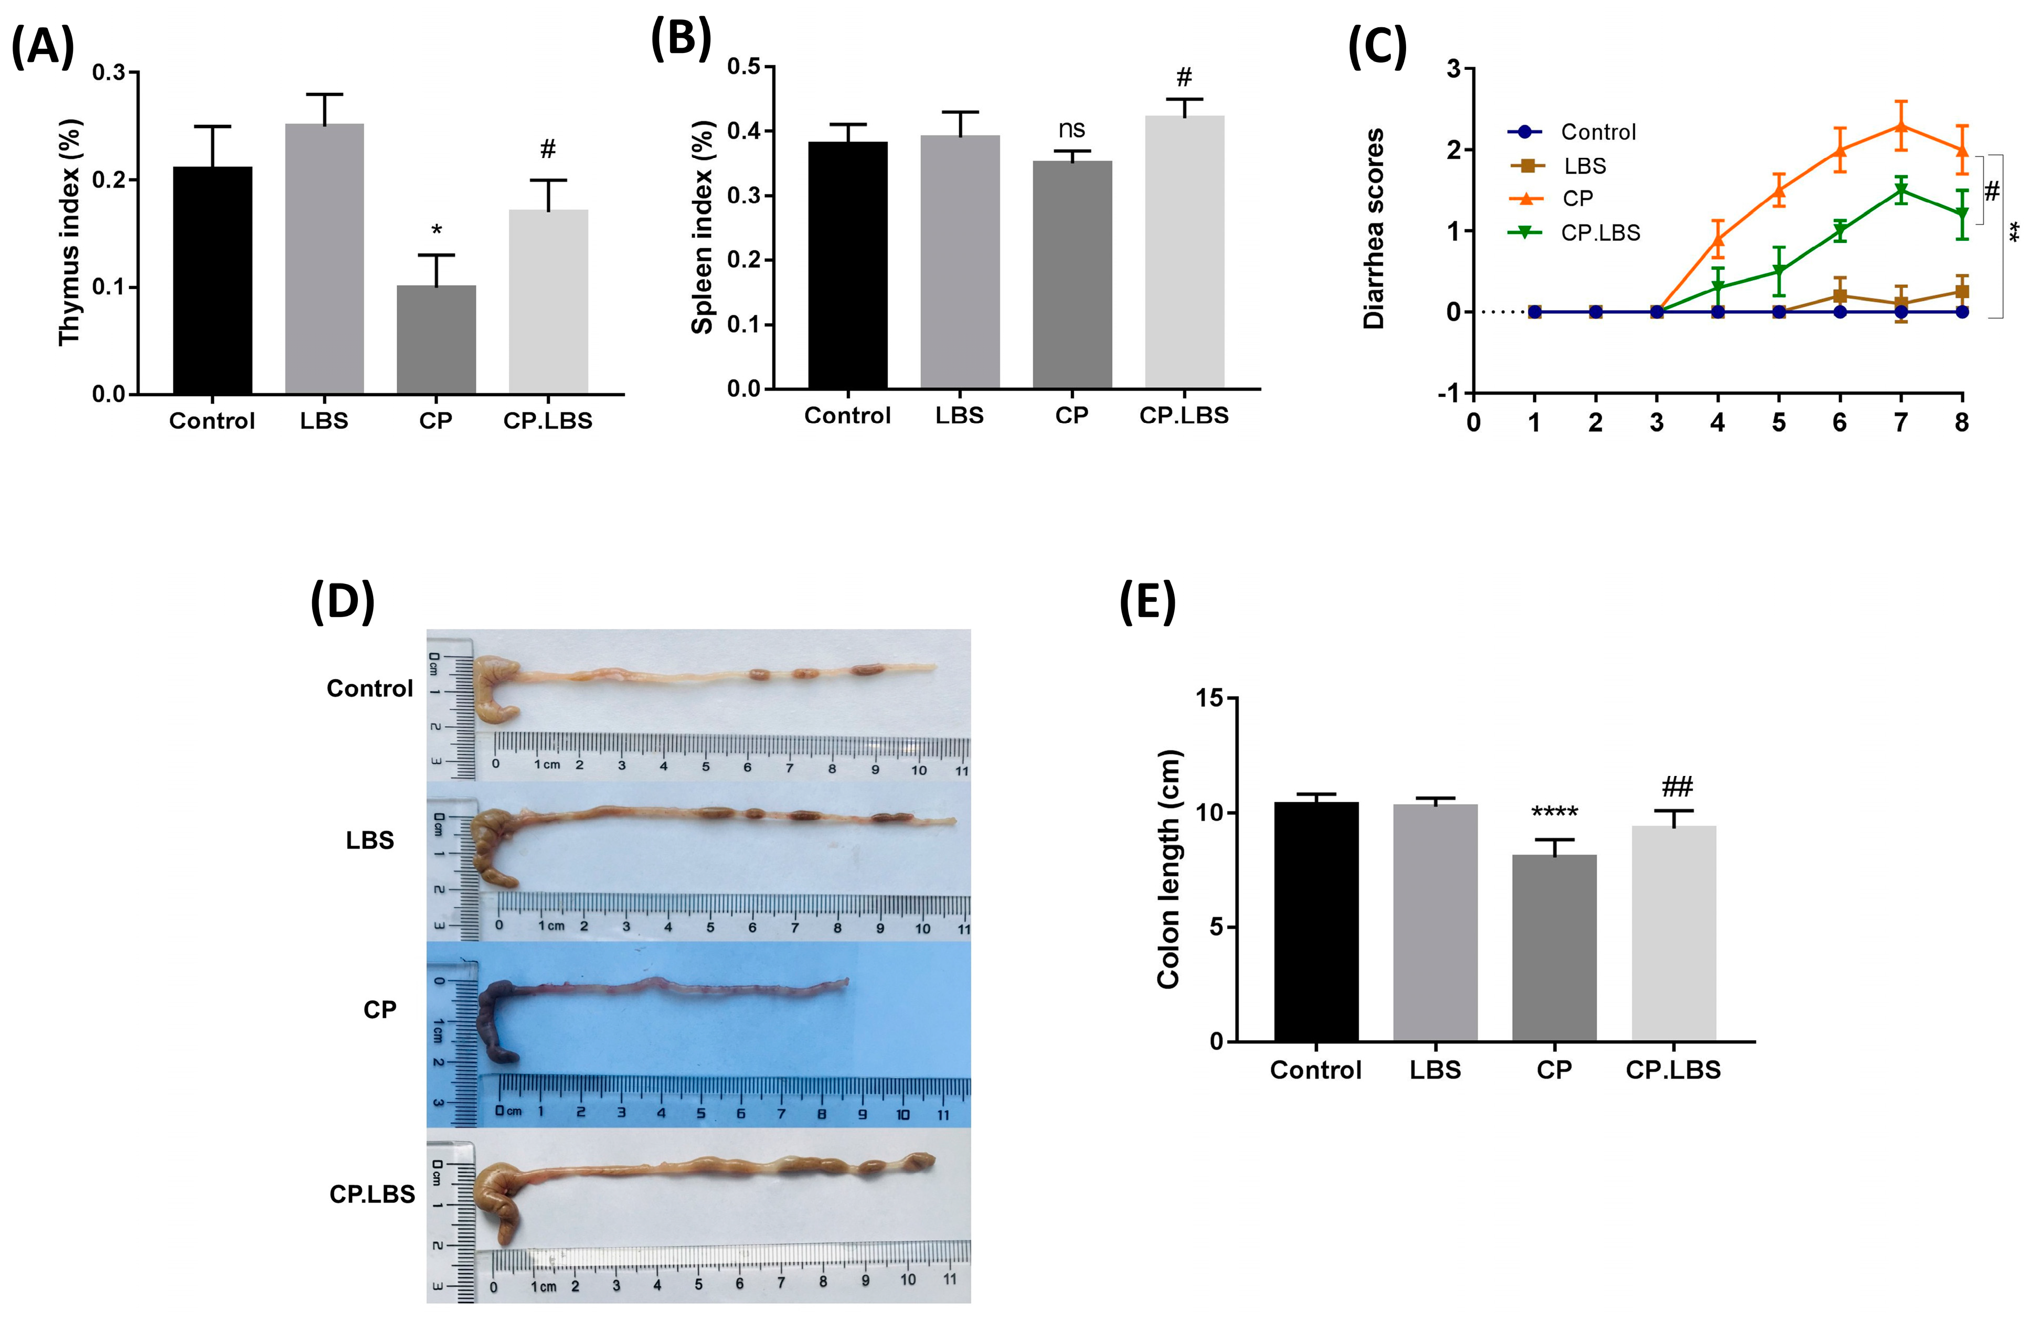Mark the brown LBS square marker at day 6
pos(1840,296)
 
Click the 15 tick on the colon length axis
pos(1209,698)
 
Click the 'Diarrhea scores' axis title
pos(1373,229)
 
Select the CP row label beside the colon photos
pos(379,1009)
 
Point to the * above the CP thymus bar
pos(437,231)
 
